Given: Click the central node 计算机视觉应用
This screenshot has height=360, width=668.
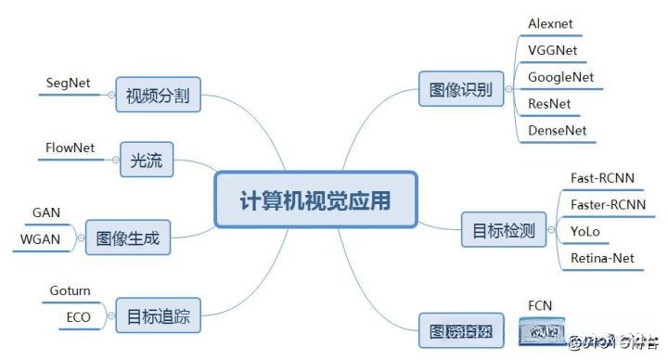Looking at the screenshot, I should (315, 199).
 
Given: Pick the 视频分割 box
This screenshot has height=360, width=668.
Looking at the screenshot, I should (160, 96).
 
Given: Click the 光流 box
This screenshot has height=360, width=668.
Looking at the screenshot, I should (147, 161).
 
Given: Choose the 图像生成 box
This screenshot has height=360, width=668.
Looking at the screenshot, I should (128, 238).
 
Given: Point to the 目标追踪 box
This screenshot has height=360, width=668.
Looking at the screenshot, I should (158, 316).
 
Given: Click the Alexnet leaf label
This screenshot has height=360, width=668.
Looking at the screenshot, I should (553, 22).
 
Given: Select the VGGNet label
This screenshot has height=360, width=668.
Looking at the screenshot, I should (553, 49).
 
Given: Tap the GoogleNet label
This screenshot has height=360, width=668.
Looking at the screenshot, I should (560, 76).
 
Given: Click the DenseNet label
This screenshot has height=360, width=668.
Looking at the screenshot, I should (558, 130).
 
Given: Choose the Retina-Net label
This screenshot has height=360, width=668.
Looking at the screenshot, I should (603, 258).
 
